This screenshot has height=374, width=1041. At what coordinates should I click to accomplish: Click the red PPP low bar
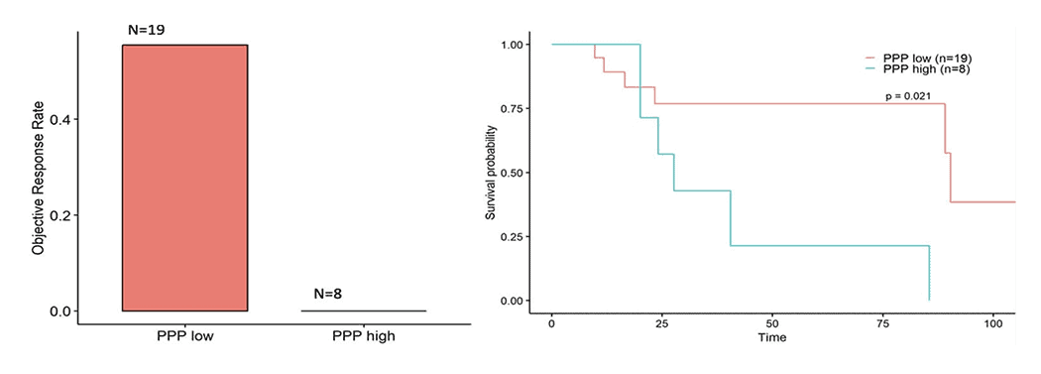[184, 178]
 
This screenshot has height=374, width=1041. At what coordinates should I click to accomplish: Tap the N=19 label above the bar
[146, 30]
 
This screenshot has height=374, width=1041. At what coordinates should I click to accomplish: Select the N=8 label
[328, 294]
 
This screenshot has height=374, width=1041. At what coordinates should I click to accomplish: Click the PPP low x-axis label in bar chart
[184, 336]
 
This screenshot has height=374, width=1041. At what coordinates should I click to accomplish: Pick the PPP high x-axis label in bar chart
[363, 336]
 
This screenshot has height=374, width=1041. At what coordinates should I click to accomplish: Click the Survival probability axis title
[491, 172]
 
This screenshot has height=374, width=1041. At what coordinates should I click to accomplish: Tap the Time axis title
[772, 337]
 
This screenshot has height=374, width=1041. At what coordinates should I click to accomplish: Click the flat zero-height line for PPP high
[363, 311]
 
